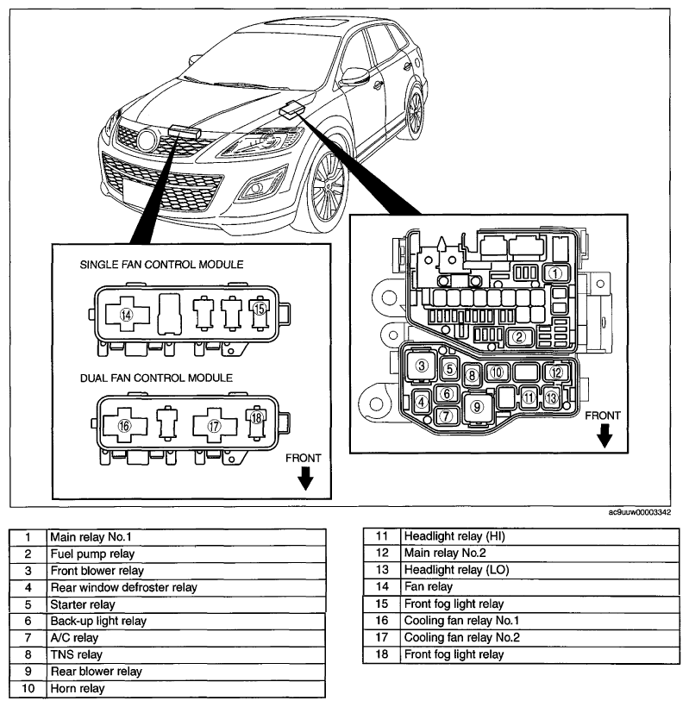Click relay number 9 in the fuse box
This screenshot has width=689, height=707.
click(x=478, y=407)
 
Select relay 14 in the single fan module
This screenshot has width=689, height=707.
click(x=127, y=315)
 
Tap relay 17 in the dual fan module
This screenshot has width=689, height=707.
click(x=215, y=425)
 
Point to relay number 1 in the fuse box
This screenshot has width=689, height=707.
click(x=555, y=272)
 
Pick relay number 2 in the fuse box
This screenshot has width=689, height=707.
click(x=520, y=337)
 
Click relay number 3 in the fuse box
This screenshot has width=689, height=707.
click(x=422, y=366)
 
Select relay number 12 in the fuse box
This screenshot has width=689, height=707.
click(x=556, y=372)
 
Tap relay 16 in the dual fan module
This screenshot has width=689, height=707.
click(x=125, y=425)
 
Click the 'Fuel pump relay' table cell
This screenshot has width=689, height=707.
click(x=186, y=554)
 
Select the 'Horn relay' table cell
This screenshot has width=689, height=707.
click(x=186, y=689)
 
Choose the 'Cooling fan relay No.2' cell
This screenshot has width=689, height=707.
click(x=540, y=637)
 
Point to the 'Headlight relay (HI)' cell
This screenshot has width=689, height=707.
click(x=540, y=536)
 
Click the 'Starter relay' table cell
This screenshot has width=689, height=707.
click(x=186, y=604)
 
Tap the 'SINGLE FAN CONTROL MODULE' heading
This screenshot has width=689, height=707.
click(x=161, y=265)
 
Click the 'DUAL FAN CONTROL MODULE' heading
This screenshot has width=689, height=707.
click(x=156, y=378)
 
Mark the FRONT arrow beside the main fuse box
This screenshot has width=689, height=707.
click(x=604, y=435)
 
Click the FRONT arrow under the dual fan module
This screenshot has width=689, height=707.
click(x=305, y=478)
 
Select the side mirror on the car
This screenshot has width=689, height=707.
click(x=354, y=77)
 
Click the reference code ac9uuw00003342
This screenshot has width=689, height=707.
click(x=639, y=512)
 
